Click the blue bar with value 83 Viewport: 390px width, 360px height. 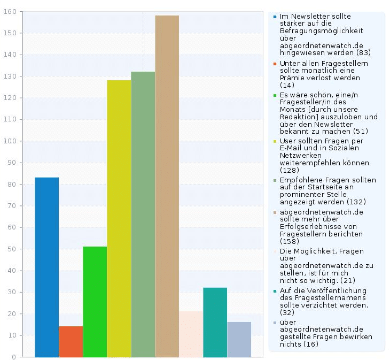click(x=46, y=267)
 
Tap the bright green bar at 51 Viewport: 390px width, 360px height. click(x=95, y=302)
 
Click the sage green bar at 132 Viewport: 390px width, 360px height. click(x=143, y=214)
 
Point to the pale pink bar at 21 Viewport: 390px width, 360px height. click(x=191, y=334)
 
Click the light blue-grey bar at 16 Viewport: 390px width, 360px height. click(x=239, y=339)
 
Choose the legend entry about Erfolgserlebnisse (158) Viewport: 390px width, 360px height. click(x=321, y=227)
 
